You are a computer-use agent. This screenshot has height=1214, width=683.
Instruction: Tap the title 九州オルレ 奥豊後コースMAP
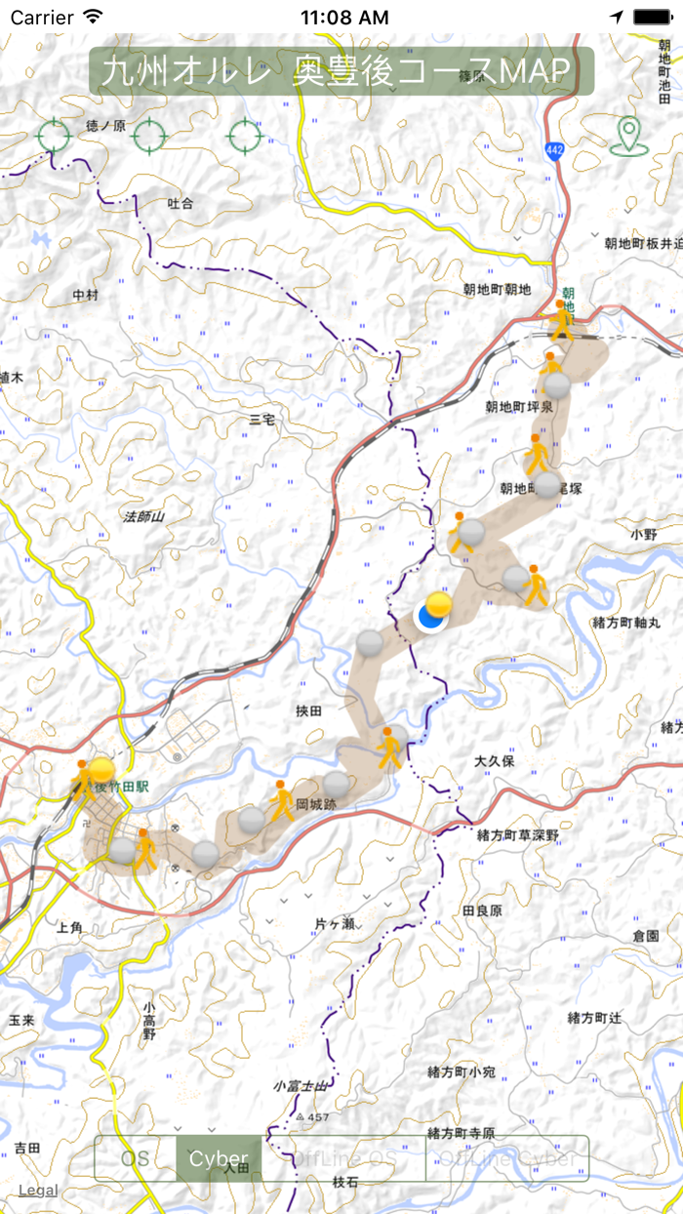341,71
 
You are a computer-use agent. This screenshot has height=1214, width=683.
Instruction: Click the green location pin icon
629,136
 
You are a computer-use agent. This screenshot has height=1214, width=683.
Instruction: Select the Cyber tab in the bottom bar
219,1159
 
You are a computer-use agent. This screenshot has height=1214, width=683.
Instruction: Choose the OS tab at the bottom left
136,1159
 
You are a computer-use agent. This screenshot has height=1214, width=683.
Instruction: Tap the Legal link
37,1190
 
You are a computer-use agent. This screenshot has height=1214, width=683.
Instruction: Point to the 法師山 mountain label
144,516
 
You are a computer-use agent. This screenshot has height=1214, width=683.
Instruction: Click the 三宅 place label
262,419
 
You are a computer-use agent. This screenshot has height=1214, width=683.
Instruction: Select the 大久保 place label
494,760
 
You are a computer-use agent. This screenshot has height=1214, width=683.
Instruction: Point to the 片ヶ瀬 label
335,922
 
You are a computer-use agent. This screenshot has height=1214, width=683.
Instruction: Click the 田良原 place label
482,910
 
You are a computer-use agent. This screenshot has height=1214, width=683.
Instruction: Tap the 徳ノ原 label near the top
106,126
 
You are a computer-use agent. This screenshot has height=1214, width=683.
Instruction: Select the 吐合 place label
181,204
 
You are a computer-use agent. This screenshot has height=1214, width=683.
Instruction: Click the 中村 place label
86,294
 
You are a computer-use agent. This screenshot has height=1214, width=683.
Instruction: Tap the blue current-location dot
430,617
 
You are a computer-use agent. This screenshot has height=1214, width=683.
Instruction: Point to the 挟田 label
308,711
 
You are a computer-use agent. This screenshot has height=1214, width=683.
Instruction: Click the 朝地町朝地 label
497,289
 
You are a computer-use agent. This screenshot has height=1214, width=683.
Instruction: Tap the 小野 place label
645,534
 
